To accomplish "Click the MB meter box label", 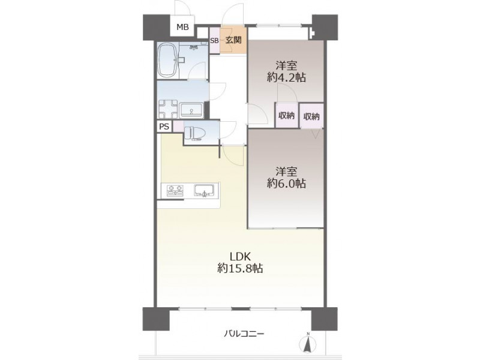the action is (183, 27).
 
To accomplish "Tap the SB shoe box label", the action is (214, 40).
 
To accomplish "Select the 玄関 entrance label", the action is (233, 40).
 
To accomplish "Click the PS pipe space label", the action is (164, 127).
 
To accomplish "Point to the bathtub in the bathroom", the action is (167, 60).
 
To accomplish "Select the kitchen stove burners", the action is (175, 190).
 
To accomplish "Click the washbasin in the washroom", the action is (191, 110).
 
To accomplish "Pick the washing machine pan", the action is (168, 109).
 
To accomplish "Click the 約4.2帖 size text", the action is (286, 77).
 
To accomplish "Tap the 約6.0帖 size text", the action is (286, 183).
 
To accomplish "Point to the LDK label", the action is (241, 256).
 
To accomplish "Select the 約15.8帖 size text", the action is (241, 268).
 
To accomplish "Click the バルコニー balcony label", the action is (244, 334).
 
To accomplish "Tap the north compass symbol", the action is (308, 343).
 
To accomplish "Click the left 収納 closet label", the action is (287, 115).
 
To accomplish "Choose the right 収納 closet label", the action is (311, 116).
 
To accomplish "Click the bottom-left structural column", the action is (156, 319).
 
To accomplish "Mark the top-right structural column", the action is (325, 27).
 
